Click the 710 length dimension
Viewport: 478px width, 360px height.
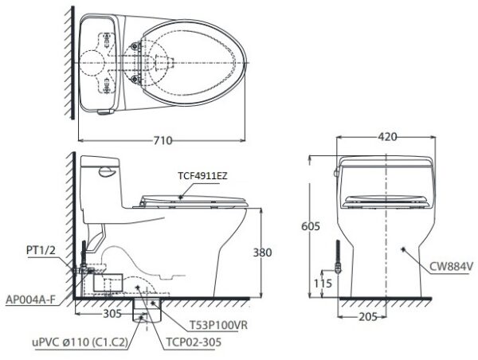pyautogui.click(x=163, y=140)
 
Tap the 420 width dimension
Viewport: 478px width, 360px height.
pyautogui.click(x=387, y=137)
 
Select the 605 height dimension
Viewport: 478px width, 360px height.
pyautogui.click(x=311, y=226)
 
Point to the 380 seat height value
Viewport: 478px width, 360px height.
pyautogui.click(x=262, y=252)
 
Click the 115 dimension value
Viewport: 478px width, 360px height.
pyautogui.click(x=323, y=284)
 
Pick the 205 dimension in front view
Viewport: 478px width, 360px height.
pyautogui.click(x=368, y=317)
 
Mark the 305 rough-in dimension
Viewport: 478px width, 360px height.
pyautogui.click(x=112, y=313)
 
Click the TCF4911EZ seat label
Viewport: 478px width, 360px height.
pyautogui.click(x=202, y=176)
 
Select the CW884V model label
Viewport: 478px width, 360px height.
pyautogui.click(x=451, y=267)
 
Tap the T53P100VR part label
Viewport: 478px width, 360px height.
pyautogui.click(x=218, y=325)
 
